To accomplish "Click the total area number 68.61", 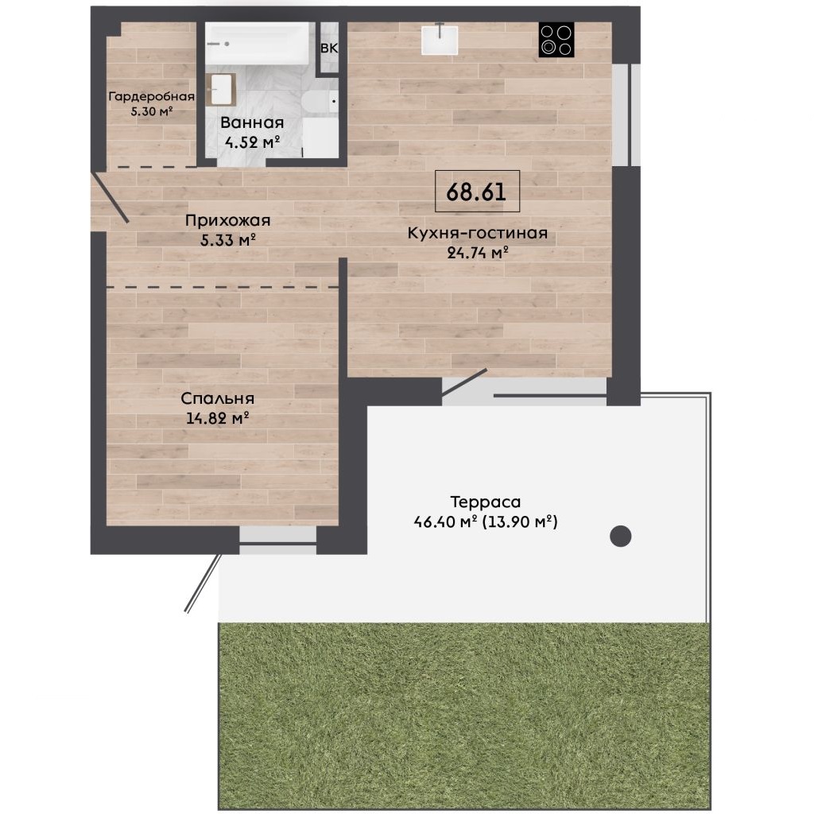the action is click(476, 192).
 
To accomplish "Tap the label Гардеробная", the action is click(152, 96).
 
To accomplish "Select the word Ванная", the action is click(252, 123).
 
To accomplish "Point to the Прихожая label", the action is click(228, 221).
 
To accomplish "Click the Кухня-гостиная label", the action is click(478, 233).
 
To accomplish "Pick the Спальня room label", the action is click(218, 399).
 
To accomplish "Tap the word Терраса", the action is click(486, 502).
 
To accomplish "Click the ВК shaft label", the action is click(329, 48).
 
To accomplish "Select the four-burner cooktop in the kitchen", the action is click(556, 40).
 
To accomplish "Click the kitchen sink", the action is click(440, 39).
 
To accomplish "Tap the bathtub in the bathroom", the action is click(258, 44).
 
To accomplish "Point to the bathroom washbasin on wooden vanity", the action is click(221, 89).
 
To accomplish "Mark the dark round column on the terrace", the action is click(620, 537).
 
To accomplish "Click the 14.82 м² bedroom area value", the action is click(218, 418).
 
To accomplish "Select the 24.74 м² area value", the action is click(478, 253).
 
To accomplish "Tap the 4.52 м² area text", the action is click(252, 141).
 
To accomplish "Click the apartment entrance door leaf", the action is click(110, 198).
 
